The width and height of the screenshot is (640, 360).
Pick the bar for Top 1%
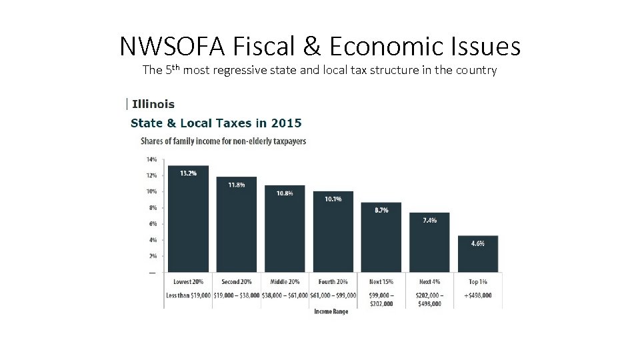477,254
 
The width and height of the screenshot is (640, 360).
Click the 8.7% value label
381,210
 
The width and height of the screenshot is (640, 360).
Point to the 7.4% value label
430,220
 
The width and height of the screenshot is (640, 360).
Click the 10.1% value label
333,199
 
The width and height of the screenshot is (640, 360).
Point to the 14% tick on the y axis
151,159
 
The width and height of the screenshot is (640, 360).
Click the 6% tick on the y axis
152,224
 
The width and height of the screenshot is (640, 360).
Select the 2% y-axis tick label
152,256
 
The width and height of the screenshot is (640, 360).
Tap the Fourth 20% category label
333,282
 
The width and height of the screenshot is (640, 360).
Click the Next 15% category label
381,282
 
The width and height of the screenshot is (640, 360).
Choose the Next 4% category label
430,282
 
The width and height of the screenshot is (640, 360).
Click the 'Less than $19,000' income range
188,295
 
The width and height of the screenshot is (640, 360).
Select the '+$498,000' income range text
477,295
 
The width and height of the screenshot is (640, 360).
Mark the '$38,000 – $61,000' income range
285,295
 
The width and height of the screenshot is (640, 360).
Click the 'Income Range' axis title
331,312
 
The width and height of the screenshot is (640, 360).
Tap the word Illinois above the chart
153,104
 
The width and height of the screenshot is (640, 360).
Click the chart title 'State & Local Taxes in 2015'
216,123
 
